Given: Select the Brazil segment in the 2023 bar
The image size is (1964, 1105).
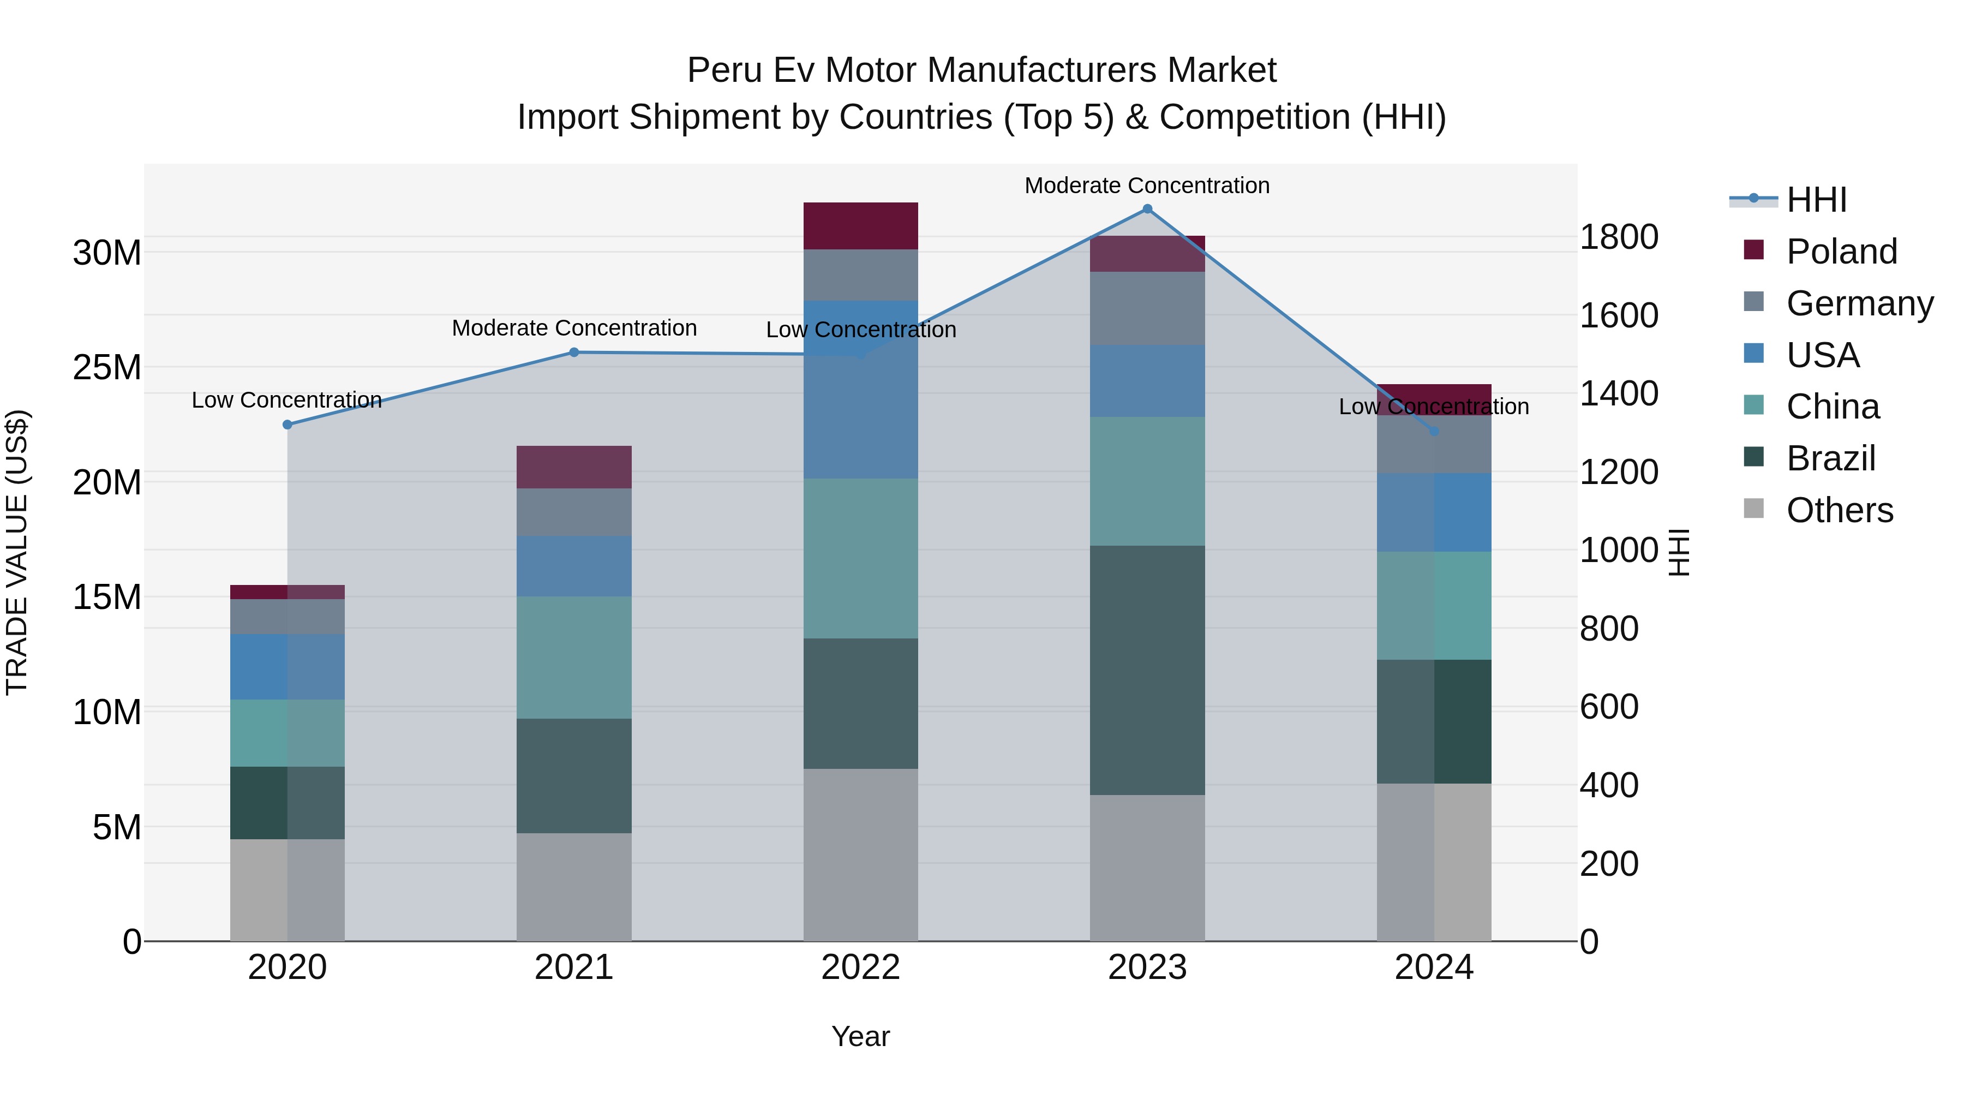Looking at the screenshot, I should [x=1147, y=670].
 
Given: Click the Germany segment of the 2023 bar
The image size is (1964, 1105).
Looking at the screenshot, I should [x=1147, y=308].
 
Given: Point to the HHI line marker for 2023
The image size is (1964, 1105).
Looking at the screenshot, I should [x=1147, y=209].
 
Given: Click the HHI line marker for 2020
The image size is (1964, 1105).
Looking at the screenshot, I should [x=288, y=425].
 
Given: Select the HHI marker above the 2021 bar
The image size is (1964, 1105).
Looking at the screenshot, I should [x=574, y=353].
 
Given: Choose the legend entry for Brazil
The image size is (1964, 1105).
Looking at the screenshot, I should [x=1830, y=458].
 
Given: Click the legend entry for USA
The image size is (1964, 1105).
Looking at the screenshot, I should [x=1822, y=355].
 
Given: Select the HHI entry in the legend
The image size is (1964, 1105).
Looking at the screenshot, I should [x=1816, y=200].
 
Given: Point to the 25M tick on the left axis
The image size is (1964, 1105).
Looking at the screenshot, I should [x=107, y=368].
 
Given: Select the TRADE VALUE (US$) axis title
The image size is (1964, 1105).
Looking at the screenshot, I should [x=17, y=552].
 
